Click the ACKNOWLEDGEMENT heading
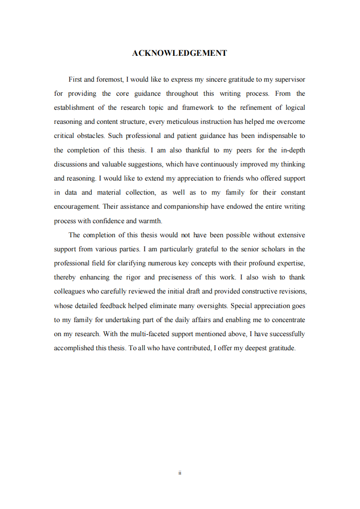point(179,54)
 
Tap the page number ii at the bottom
point(180,473)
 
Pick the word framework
point(198,108)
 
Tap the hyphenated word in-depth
point(293,150)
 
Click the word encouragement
point(76,206)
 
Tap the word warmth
point(149,221)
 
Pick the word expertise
point(290,263)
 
